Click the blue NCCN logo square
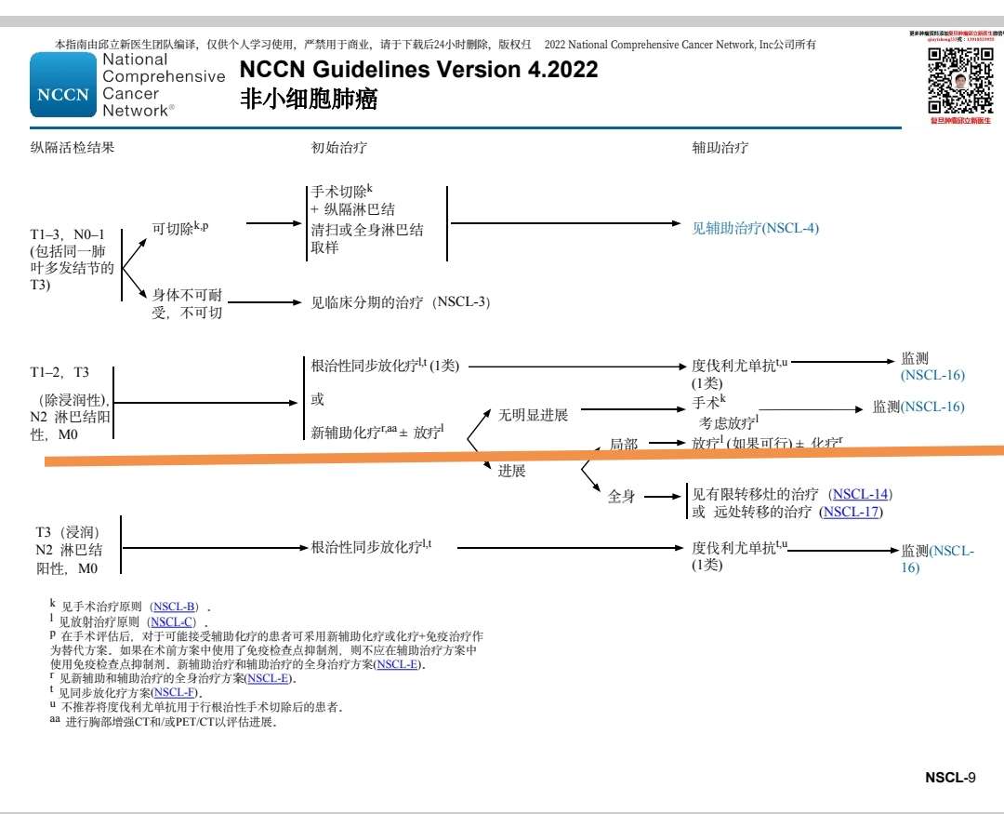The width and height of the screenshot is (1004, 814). (x=63, y=85)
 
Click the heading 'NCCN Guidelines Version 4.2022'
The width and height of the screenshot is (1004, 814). (x=418, y=70)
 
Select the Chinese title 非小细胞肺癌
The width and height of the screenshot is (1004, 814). (x=309, y=100)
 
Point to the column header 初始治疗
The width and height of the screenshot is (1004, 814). (x=332, y=147)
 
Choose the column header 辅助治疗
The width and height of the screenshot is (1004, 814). (x=720, y=147)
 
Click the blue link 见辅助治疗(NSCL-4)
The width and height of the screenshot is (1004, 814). (x=755, y=227)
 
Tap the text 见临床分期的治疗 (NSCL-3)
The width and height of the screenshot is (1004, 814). (x=400, y=302)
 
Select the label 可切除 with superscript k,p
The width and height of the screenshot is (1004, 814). (x=180, y=227)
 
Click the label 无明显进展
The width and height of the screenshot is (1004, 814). (x=533, y=415)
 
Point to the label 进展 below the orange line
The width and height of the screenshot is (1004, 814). (x=511, y=471)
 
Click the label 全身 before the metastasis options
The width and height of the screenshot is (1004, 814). (x=621, y=497)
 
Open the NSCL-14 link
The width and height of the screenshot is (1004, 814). (x=860, y=494)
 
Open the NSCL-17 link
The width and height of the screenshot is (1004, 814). (x=851, y=512)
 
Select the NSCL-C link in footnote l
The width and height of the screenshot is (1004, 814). (x=172, y=621)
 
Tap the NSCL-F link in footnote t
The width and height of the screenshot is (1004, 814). (x=175, y=692)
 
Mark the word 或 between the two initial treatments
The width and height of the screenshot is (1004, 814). (x=317, y=400)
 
